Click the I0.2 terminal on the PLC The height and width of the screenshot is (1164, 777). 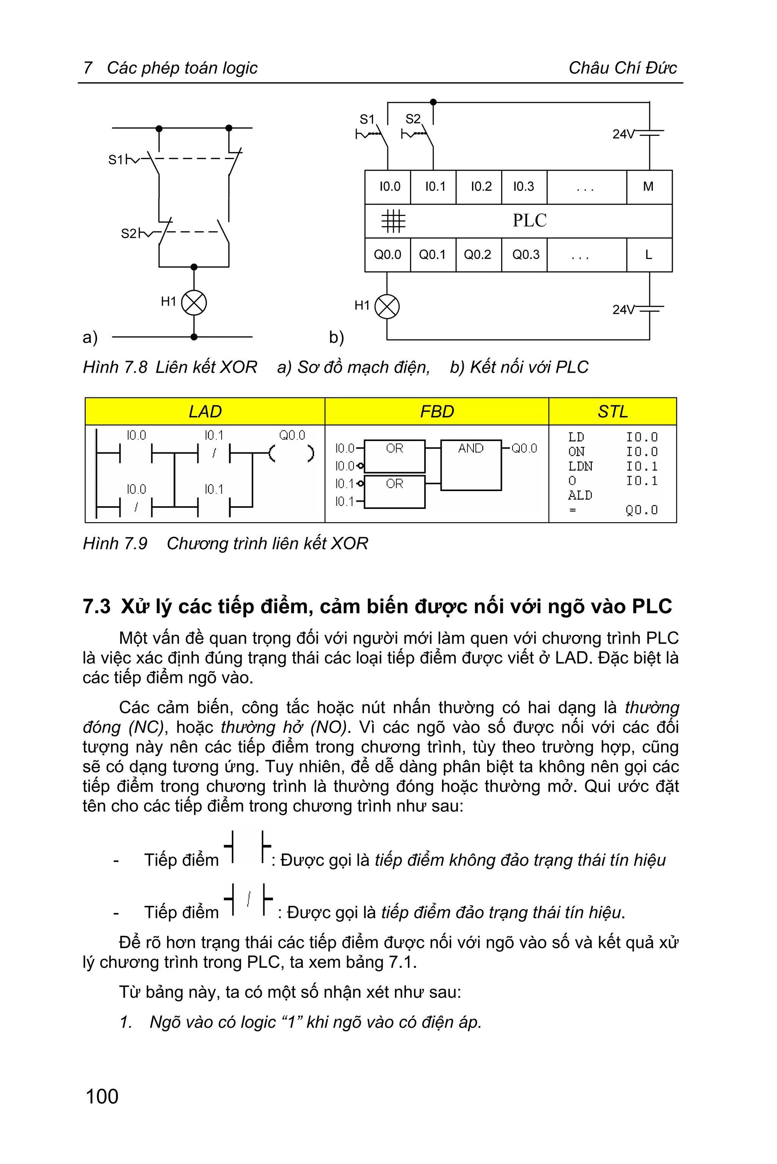481,187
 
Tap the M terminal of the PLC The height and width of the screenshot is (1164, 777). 648,187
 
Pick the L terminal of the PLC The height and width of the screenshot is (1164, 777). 648,255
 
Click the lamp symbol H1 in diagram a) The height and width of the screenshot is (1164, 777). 194,303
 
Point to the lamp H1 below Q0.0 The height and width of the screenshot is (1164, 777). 387,306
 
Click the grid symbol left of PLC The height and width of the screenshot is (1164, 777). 393,221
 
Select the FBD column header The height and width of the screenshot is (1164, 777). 437,411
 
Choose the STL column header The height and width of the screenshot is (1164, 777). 612,411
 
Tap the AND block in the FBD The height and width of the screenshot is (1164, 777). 471,465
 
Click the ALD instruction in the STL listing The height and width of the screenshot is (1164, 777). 580,495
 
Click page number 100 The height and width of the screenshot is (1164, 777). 102,1096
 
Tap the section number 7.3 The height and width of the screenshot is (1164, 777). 97,607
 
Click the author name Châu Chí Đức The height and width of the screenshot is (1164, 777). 622,68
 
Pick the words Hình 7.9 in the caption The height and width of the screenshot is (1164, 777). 115,544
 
